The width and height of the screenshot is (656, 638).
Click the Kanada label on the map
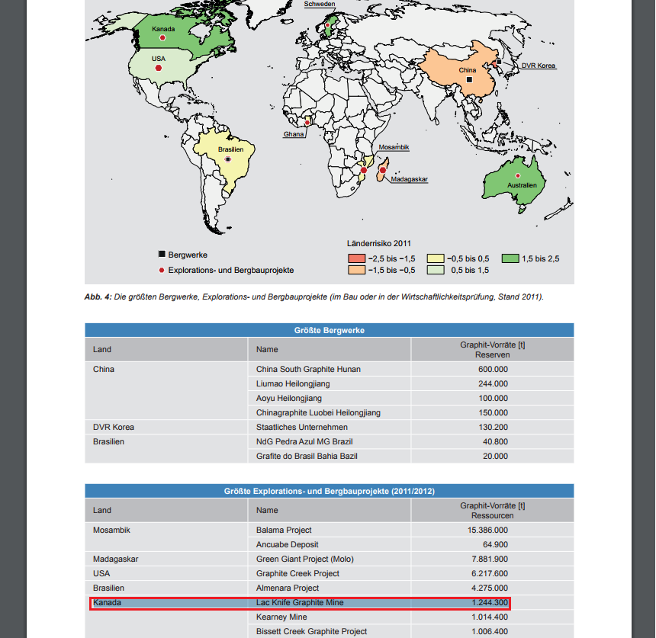point(163,30)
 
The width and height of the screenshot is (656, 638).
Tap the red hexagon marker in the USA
point(159,68)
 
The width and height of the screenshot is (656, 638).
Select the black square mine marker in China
point(470,79)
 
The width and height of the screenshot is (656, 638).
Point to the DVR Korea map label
point(538,66)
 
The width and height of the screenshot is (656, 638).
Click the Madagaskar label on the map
point(410,180)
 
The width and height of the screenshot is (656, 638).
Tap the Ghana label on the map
point(294,134)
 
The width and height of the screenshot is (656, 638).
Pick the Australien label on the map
point(522,185)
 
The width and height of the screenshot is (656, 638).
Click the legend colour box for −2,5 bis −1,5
point(357,258)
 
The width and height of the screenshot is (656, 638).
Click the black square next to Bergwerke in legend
point(161,255)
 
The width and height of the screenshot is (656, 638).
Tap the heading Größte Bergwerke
point(329,330)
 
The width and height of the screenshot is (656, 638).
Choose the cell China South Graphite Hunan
point(308,369)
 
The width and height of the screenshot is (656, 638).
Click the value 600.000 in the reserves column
point(493,369)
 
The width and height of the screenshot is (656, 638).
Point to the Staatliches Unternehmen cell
point(301,427)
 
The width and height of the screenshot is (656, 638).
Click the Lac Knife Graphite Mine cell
point(300,603)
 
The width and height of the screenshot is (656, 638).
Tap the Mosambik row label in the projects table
point(111,530)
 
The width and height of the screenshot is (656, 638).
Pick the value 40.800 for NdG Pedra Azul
point(495,441)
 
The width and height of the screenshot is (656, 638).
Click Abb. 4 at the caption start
point(98,297)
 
